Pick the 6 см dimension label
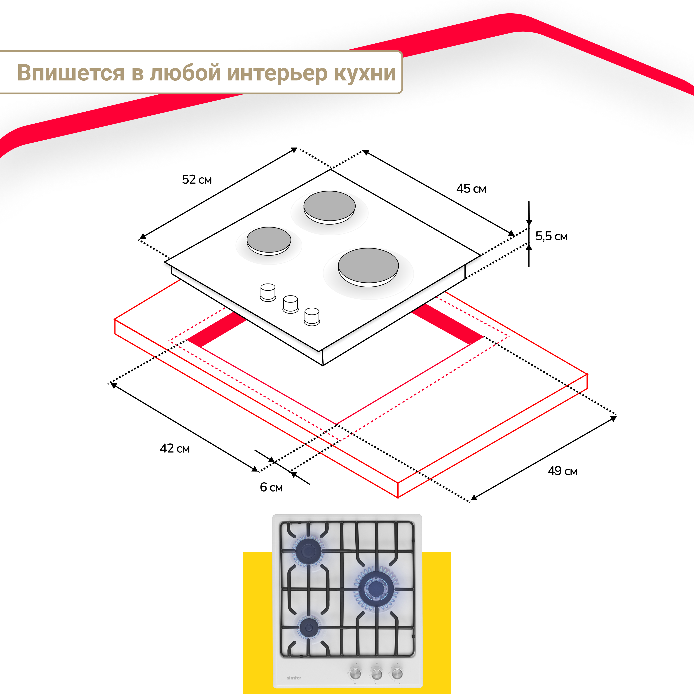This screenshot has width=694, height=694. pyautogui.click(x=271, y=488)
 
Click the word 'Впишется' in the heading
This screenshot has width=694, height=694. pyautogui.click(x=71, y=73)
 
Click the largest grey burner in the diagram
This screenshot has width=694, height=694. pyautogui.click(x=368, y=266)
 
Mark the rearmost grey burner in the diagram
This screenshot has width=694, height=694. pyautogui.click(x=329, y=206)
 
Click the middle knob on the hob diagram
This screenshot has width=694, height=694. pyautogui.click(x=290, y=304)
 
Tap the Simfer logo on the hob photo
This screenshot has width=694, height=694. pyautogui.click(x=294, y=678)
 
